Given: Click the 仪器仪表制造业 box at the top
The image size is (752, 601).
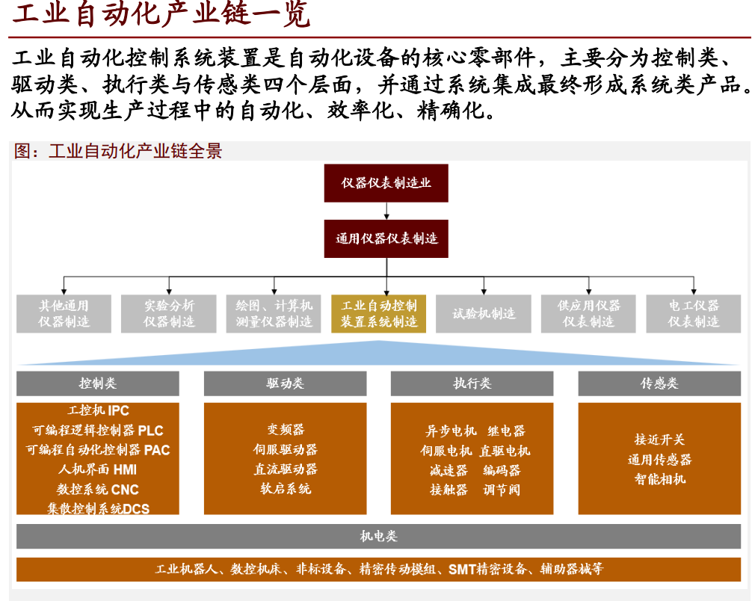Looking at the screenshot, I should tap(386, 183).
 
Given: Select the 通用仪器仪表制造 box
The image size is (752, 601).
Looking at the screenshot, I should tap(386, 239).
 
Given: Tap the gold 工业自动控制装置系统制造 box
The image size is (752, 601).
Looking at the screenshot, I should tap(379, 314).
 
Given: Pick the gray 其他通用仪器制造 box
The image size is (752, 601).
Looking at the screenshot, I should tap(64, 314).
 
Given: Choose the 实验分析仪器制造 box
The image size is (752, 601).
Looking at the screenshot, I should tap(169, 314).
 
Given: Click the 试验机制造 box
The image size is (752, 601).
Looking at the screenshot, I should tap(484, 314).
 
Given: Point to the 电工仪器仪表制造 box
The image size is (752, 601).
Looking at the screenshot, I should tap(693, 314).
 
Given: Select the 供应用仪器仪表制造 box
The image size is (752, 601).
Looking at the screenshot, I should tap(588, 314).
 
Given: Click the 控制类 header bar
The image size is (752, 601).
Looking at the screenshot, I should tap(98, 383).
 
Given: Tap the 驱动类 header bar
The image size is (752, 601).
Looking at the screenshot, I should tap(285, 383).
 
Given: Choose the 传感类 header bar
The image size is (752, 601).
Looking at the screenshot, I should tap(659, 383).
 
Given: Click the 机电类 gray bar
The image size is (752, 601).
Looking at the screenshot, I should tap(378, 536).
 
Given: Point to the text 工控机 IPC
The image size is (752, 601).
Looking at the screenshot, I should tap(98, 410).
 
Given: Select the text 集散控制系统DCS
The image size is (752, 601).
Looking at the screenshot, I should tap(98, 509).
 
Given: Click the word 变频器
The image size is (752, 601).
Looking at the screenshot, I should tap(285, 430).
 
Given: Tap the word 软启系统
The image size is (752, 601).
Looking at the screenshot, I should tap(285, 489).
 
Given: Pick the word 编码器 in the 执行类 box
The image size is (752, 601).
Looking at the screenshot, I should tap(501, 470).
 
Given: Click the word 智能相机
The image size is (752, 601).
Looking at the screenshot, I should tap(659, 479).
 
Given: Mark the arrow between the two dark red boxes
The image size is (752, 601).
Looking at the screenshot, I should tap(386, 211).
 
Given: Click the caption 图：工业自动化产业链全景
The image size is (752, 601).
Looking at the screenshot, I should tap(118, 151).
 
